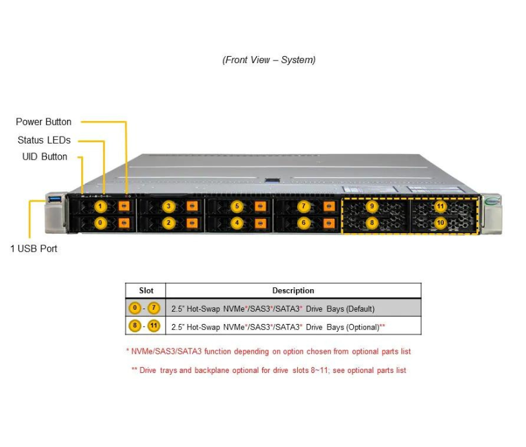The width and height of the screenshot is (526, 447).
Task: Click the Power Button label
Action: click(44, 122)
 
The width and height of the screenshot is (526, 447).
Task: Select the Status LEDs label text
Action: click(44, 140)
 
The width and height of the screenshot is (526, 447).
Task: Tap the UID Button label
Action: click(44, 157)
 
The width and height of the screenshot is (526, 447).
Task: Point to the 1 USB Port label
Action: click(34, 249)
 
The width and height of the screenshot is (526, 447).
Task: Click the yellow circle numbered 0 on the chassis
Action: click(100, 223)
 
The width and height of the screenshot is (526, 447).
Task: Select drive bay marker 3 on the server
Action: click(169, 207)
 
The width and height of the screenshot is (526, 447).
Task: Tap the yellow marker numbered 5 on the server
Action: click(237, 207)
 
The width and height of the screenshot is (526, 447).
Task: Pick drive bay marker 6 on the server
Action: click(304, 223)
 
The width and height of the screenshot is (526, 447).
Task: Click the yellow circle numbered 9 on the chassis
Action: click(371, 207)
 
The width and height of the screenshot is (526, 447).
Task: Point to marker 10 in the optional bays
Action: click(440, 223)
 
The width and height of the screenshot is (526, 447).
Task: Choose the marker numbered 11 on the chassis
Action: click(440, 207)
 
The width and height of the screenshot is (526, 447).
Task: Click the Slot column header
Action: click(146, 290)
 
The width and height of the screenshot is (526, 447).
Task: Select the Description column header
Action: click(293, 290)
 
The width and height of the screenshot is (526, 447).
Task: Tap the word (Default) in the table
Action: click(360, 309)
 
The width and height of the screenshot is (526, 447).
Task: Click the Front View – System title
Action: click(269, 60)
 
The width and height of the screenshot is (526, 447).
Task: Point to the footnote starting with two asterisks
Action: click(268, 370)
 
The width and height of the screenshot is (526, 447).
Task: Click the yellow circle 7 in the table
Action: click(154, 308)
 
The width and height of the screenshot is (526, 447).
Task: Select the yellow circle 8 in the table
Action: click(134, 326)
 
